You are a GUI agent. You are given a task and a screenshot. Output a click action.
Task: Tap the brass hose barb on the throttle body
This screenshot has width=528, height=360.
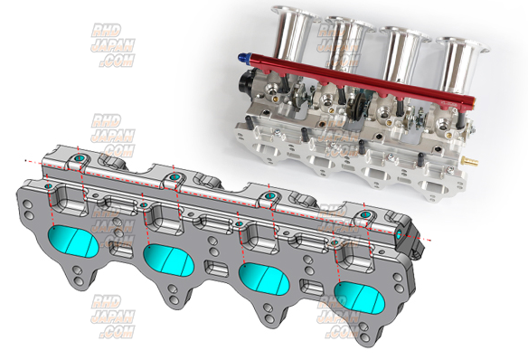pos(471,160)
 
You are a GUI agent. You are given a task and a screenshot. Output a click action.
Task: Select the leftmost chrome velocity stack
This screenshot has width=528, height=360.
pos(294,33)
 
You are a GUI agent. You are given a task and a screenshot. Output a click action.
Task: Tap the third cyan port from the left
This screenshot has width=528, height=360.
pos(264,279)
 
